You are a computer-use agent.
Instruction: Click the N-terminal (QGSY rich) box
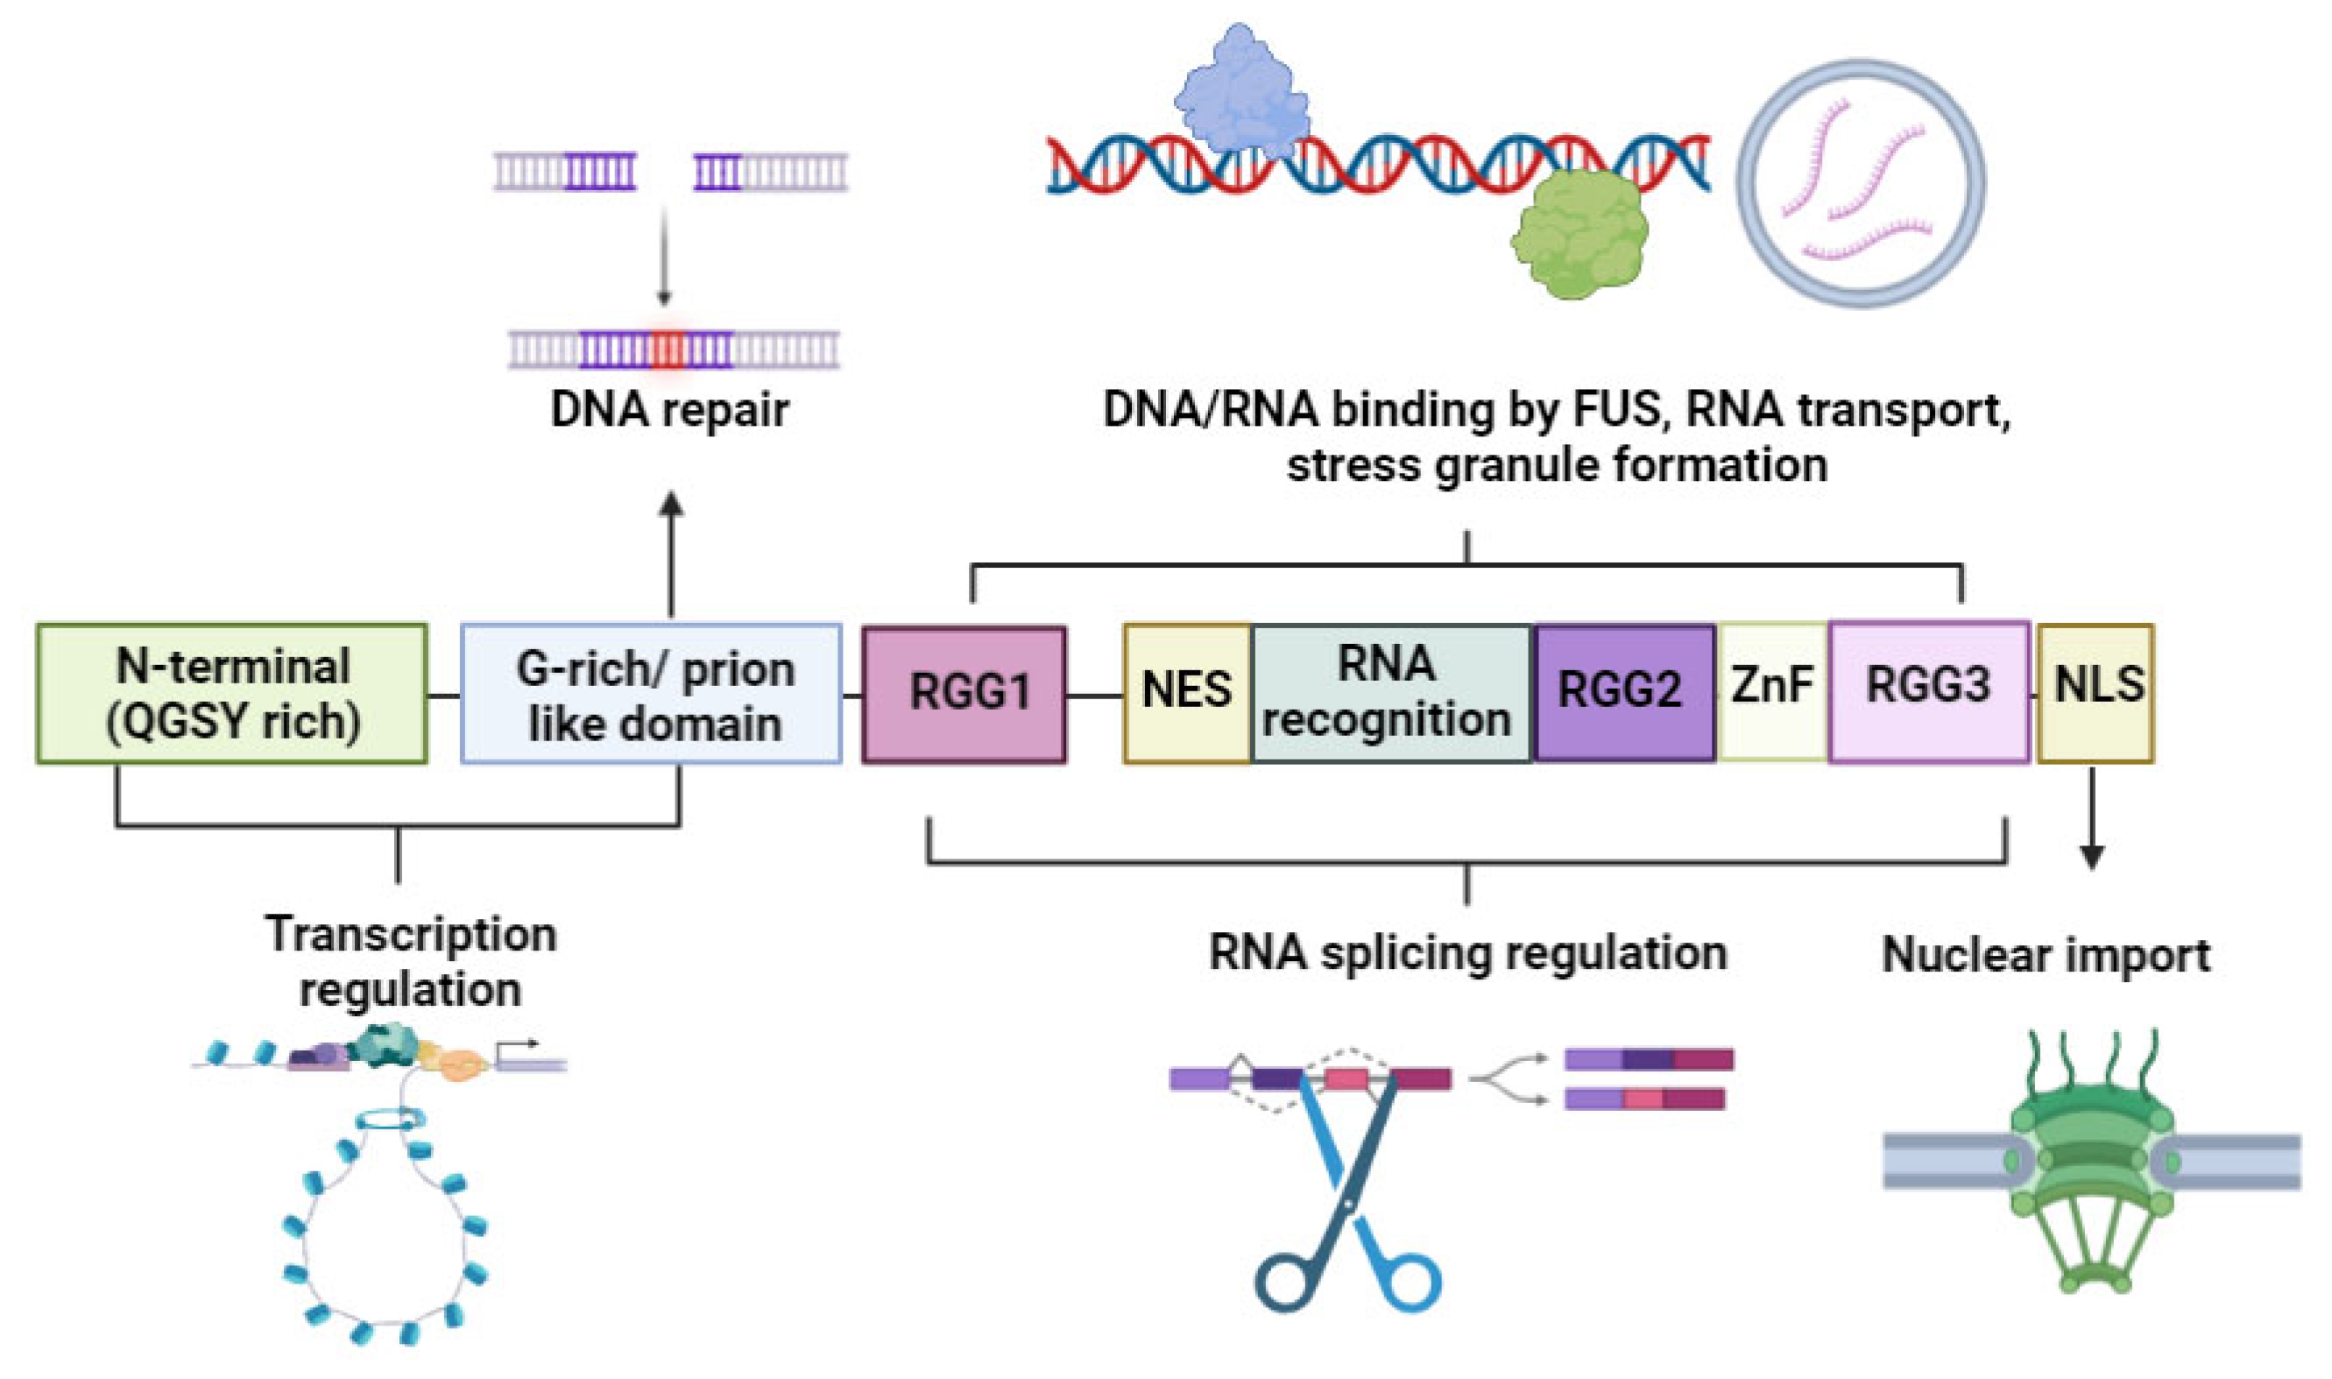[232, 693]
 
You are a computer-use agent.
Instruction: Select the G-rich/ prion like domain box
[651, 693]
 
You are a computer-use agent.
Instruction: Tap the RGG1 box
[965, 693]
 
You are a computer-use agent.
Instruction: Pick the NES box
[1186, 692]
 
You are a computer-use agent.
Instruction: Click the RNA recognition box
[1390, 692]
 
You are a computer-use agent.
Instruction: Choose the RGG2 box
[1622, 692]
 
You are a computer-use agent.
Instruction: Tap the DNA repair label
[670, 410]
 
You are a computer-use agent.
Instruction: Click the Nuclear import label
[2046, 955]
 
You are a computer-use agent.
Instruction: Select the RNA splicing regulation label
[1467, 953]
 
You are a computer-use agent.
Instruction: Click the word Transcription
[411, 934]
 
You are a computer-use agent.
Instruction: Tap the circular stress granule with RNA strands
[1861, 183]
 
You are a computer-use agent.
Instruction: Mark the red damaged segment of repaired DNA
[666, 350]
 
